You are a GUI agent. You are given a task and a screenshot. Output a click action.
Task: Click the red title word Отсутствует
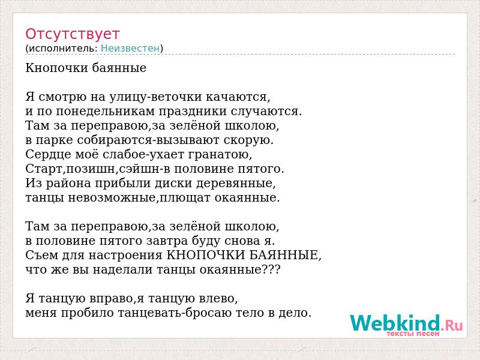(x=72, y=34)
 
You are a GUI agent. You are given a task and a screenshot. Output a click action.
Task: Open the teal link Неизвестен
(x=130, y=49)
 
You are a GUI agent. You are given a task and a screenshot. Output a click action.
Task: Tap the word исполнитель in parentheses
(x=63, y=49)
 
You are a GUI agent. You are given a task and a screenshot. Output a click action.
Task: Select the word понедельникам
(x=106, y=112)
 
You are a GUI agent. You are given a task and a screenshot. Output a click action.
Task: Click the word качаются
(x=238, y=97)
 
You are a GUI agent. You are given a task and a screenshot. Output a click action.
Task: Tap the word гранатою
(x=220, y=155)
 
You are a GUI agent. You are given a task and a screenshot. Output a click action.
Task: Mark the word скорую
(x=248, y=140)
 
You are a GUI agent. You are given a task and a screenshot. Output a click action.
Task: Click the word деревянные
(x=236, y=184)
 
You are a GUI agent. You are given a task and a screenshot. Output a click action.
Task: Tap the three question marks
(x=272, y=269)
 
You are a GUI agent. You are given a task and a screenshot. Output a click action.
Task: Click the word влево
(x=218, y=298)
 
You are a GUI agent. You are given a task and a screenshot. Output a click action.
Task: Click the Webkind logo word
(x=395, y=323)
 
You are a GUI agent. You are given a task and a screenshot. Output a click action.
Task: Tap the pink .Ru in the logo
(x=452, y=325)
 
